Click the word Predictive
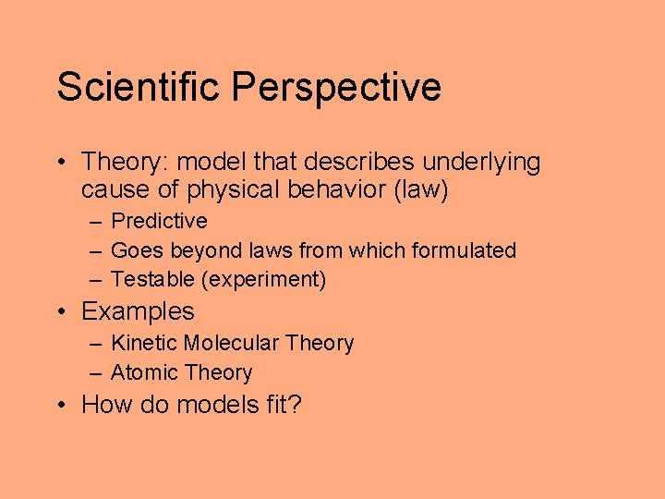click(x=159, y=221)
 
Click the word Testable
click(x=148, y=279)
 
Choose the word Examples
click(x=138, y=311)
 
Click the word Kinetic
click(x=143, y=343)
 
